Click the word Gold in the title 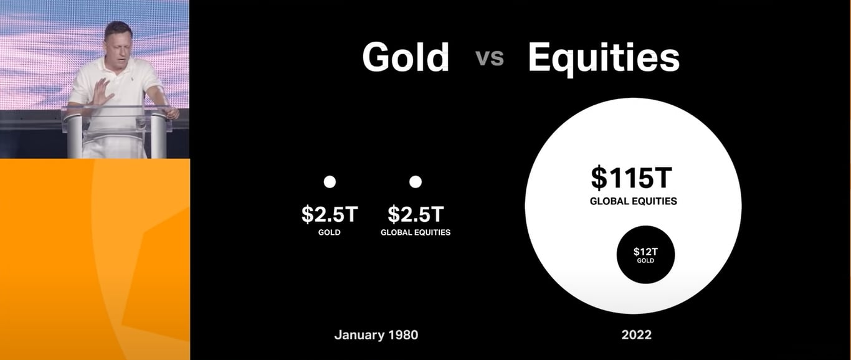point(406,57)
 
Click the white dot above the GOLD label point(330,182)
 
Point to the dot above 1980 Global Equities point(416,182)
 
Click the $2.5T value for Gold point(330,214)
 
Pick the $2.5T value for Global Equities point(416,214)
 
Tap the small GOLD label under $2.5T point(330,232)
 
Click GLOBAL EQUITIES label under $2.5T point(416,232)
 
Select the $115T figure point(632,178)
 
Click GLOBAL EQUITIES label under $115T point(634,201)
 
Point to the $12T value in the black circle point(645,252)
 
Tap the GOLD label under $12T point(645,260)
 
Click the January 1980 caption point(376,334)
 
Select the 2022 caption point(636,334)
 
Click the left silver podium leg point(75,136)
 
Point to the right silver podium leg point(158,136)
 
